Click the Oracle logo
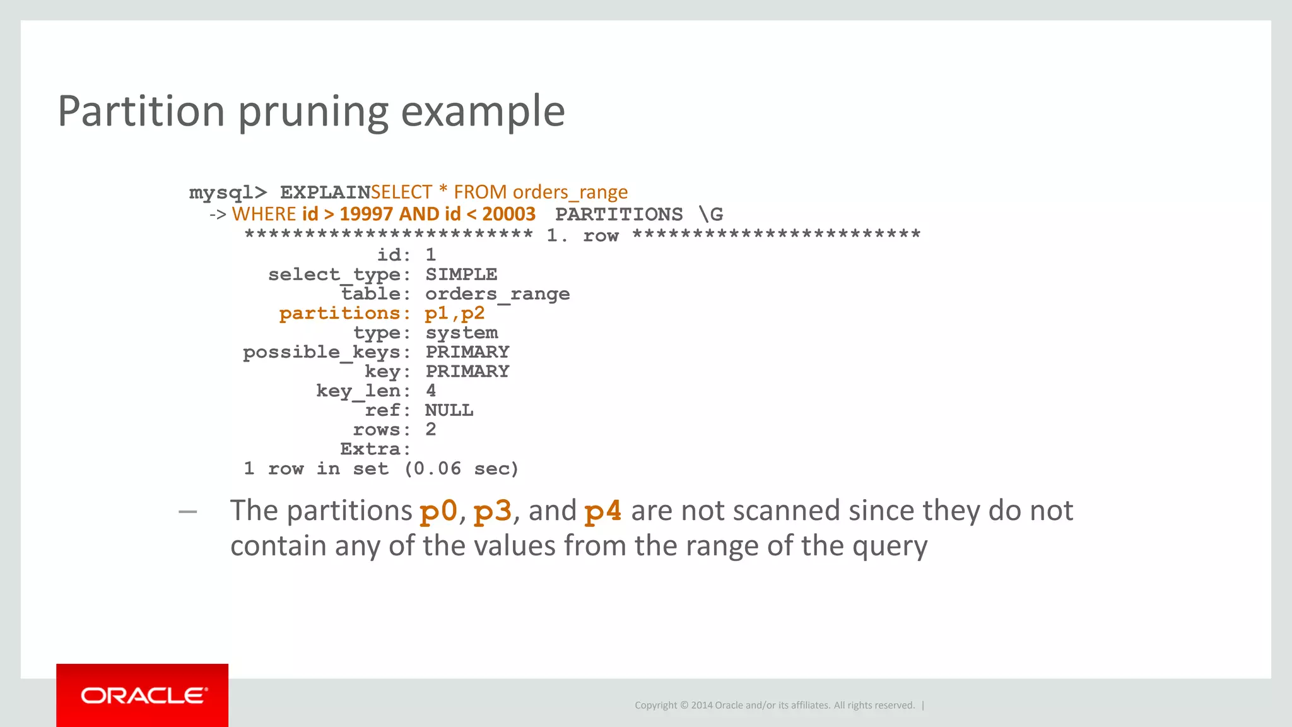click(143, 695)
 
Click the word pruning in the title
click(314, 112)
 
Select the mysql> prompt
click(228, 192)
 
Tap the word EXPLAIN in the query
click(325, 192)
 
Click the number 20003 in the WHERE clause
click(508, 214)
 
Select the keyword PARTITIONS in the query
click(619, 215)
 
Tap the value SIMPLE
click(461, 275)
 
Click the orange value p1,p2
click(454, 314)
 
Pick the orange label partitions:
click(344, 314)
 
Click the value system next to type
click(461, 333)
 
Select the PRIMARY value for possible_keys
click(467, 352)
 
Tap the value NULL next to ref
click(449, 411)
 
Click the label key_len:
click(363, 391)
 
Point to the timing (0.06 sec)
click(461, 469)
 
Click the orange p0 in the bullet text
click(438, 511)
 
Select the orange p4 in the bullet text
click(602, 511)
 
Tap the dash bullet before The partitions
click(188, 511)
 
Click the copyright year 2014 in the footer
click(702, 706)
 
